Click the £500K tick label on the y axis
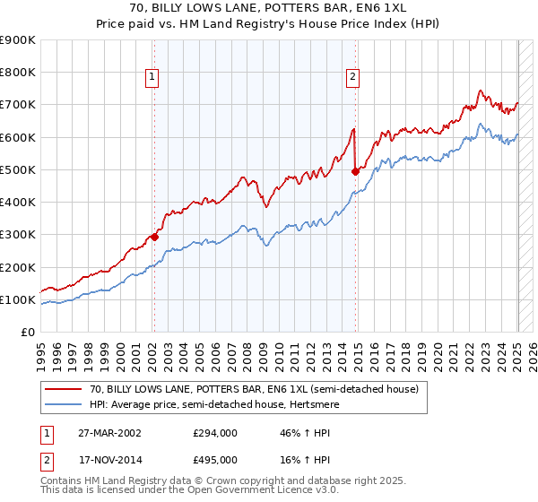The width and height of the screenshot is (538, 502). [x=18, y=169]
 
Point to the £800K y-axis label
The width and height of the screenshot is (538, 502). [x=18, y=73]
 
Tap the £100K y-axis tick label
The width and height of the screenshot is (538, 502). [x=18, y=299]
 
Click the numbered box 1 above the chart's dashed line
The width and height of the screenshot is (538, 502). [x=152, y=78]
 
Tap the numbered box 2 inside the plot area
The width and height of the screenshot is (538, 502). [x=353, y=78]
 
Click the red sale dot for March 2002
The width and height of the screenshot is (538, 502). [x=154, y=237]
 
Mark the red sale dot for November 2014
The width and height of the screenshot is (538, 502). [x=356, y=171]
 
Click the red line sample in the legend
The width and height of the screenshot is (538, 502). [x=64, y=389]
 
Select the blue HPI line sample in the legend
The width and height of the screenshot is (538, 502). [x=64, y=404]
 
